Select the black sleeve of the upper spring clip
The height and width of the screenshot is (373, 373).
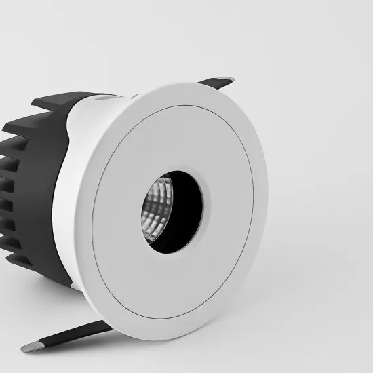(x=218, y=83)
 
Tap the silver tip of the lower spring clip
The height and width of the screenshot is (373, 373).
(x=28, y=347)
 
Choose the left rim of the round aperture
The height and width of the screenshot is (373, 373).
(x=143, y=210)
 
